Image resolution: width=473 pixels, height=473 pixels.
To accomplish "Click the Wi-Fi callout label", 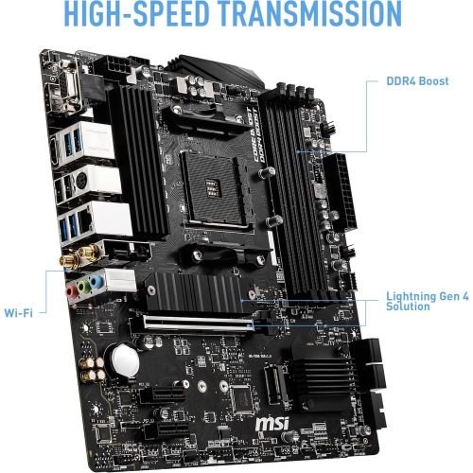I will pyautogui.click(x=19, y=311).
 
